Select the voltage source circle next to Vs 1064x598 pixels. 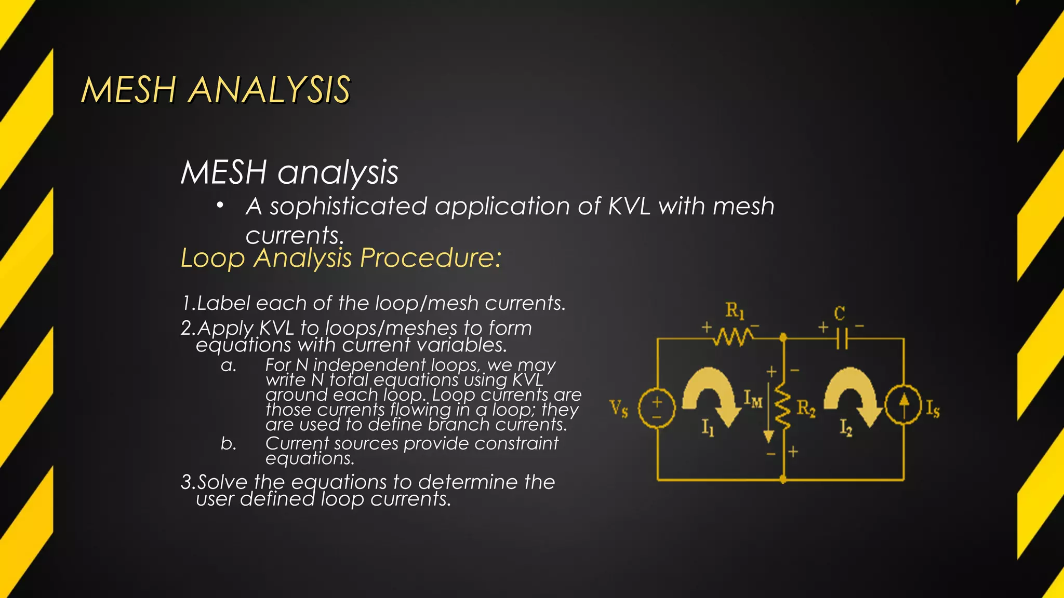[x=657, y=408]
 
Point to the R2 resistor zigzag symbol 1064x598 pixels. [x=783, y=407]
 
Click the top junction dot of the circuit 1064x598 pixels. [x=783, y=338]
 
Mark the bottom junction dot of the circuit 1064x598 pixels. [x=783, y=480]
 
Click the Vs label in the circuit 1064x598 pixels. [x=619, y=409]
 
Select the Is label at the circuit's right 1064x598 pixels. [x=933, y=409]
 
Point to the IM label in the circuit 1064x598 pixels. [x=753, y=399]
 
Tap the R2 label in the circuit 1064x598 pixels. [x=806, y=409]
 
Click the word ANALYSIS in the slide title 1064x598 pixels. [x=269, y=90]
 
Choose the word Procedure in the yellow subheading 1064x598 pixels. [x=430, y=257]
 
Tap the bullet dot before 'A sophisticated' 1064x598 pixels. [x=220, y=206]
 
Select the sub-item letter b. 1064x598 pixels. [x=228, y=444]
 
